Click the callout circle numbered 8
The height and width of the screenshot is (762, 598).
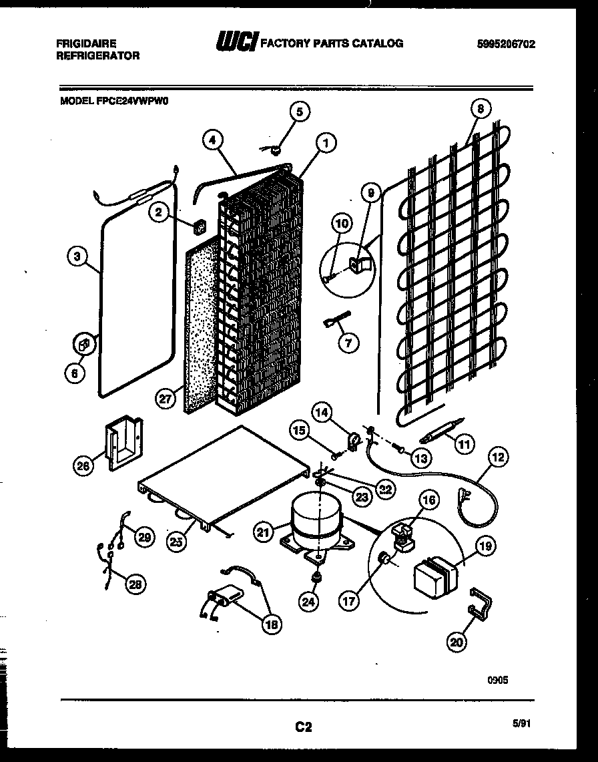pyautogui.click(x=480, y=108)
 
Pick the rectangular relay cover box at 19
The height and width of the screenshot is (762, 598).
pyautogui.click(x=434, y=574)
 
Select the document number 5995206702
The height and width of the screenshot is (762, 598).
pyautogui.click(x=506, y=44)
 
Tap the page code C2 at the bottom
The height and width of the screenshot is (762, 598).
pyautogui.click(x=303, y=727)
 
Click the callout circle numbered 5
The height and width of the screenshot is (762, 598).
pyautogui.click(x=298, y=112)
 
